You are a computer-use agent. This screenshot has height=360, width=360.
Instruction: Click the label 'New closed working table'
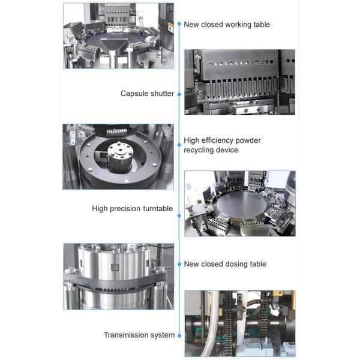coord(227,25)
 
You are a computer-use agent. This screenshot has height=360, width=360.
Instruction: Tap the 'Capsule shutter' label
coord(147,94)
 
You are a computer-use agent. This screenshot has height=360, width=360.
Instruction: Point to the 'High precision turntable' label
coord(132,209)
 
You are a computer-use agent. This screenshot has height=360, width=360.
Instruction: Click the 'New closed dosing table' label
coord(225,264)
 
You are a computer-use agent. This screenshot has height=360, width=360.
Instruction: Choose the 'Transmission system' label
coord(139,335)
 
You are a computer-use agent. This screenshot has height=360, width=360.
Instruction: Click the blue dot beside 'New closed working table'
coord(179,24)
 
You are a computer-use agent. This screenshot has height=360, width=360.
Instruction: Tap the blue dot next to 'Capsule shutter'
coord(179,94)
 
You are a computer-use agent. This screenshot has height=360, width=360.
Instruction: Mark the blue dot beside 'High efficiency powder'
coord(179,145)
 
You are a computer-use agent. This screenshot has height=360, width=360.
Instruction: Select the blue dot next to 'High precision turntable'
coord(179,216)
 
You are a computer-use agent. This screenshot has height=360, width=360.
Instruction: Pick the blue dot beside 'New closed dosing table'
coord(179,265)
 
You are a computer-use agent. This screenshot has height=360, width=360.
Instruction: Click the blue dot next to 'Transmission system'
coord(179,335)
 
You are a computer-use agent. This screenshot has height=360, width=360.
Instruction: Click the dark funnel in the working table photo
coord(114,45)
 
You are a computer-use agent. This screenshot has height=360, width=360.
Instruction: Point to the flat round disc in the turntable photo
coord(242,205)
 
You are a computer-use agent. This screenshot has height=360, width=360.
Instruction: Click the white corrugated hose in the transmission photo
coord(214,322)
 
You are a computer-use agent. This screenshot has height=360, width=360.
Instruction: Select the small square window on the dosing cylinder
coord(115,267)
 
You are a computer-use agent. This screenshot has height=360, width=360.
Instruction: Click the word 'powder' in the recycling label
coord(248,140)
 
